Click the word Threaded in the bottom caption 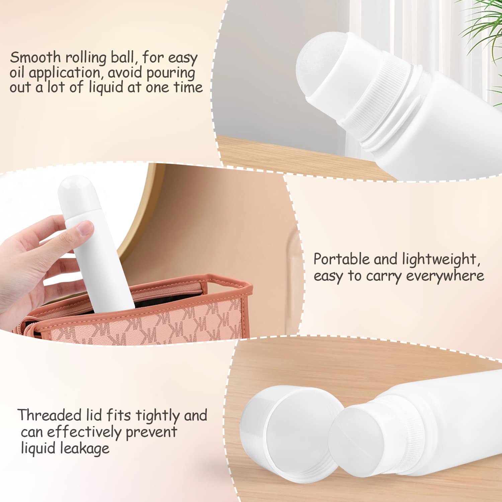click(x=50, y=415)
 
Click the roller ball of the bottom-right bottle click(x=355, y=435)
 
